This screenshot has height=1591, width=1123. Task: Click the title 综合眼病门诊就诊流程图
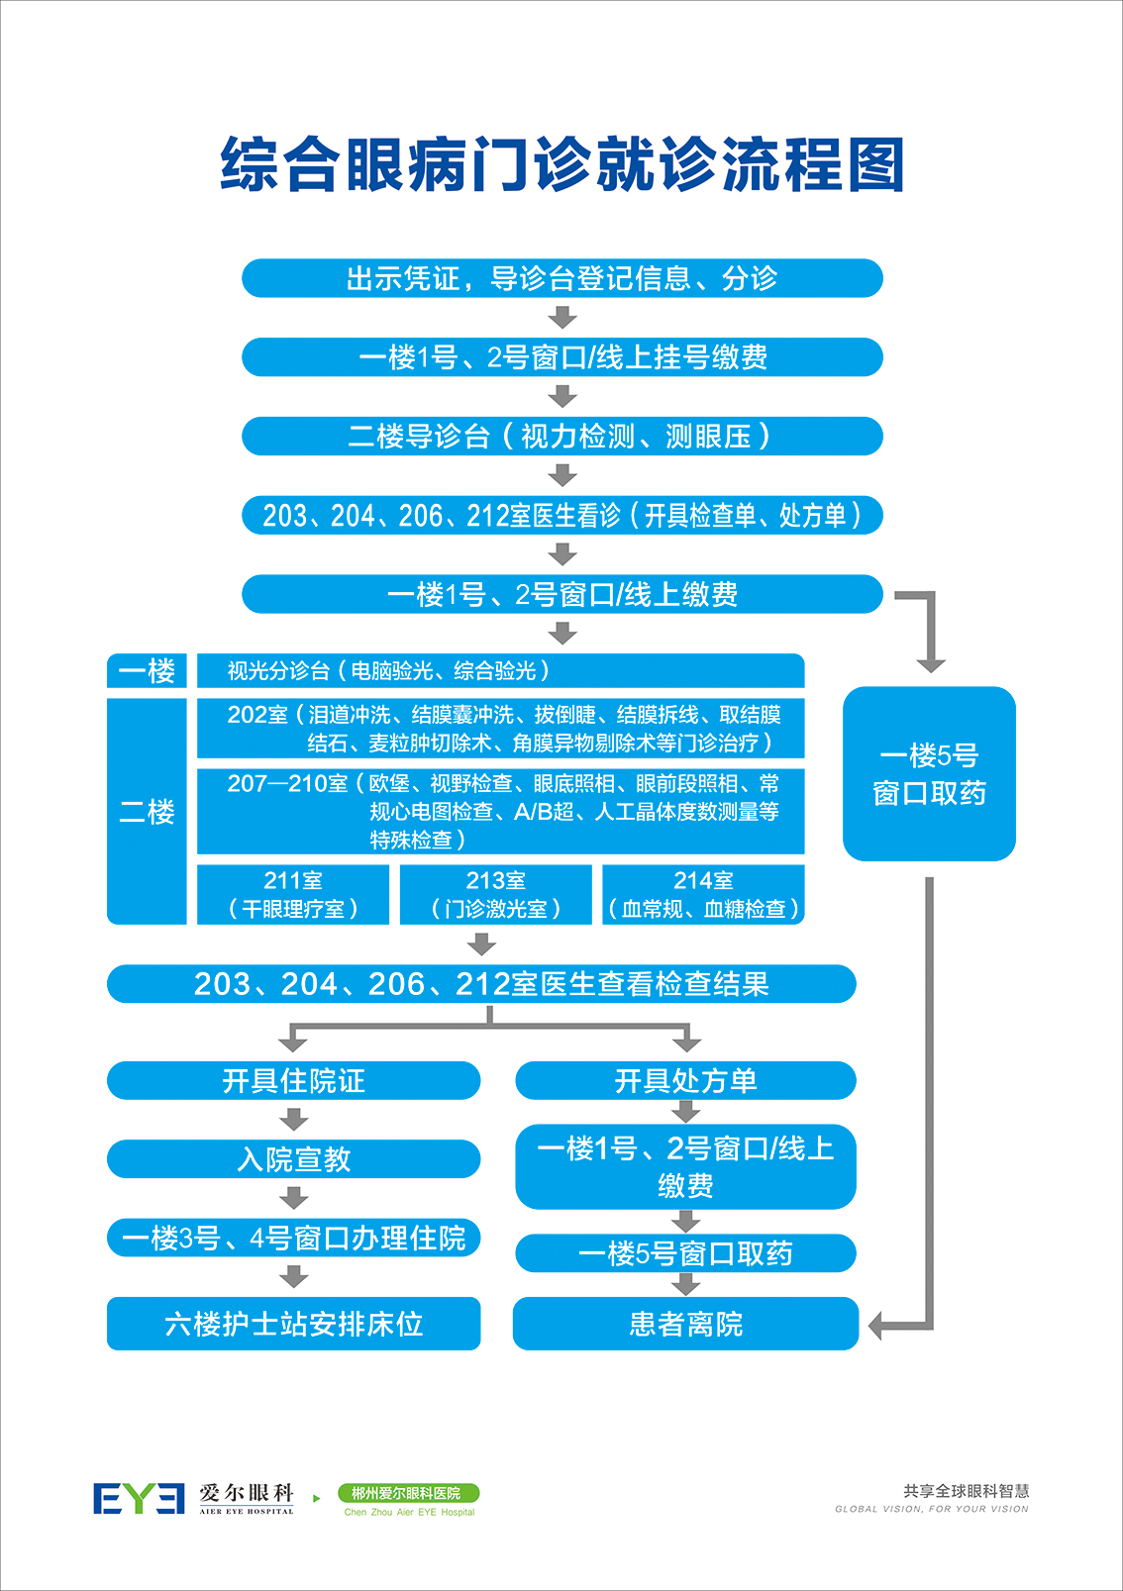561,164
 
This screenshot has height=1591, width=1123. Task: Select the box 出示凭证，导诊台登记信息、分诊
561,278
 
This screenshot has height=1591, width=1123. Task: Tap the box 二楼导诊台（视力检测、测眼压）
561,436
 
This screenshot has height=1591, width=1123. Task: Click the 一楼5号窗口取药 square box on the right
929,773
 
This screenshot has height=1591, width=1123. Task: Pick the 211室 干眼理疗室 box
293,895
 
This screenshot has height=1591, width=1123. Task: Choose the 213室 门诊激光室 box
495,895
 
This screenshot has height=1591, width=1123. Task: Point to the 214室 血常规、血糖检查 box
703,895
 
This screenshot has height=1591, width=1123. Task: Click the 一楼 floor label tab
147,671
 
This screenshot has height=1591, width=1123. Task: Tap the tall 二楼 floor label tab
147,812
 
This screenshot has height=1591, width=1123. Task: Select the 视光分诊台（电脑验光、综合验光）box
500,671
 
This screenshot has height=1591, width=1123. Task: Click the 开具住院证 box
293,1080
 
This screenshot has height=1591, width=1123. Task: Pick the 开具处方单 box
685,1080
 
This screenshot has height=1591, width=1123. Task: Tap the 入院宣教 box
293,1159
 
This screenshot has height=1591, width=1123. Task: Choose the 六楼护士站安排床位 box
293,1324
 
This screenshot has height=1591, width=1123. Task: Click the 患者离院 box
685,1324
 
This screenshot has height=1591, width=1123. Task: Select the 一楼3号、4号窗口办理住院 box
293,1238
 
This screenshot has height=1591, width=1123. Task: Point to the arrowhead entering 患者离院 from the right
877,1325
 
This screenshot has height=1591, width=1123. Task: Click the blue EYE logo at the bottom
139,1499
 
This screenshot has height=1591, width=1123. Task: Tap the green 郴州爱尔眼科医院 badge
408,1493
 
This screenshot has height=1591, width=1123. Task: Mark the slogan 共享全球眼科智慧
966,1491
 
